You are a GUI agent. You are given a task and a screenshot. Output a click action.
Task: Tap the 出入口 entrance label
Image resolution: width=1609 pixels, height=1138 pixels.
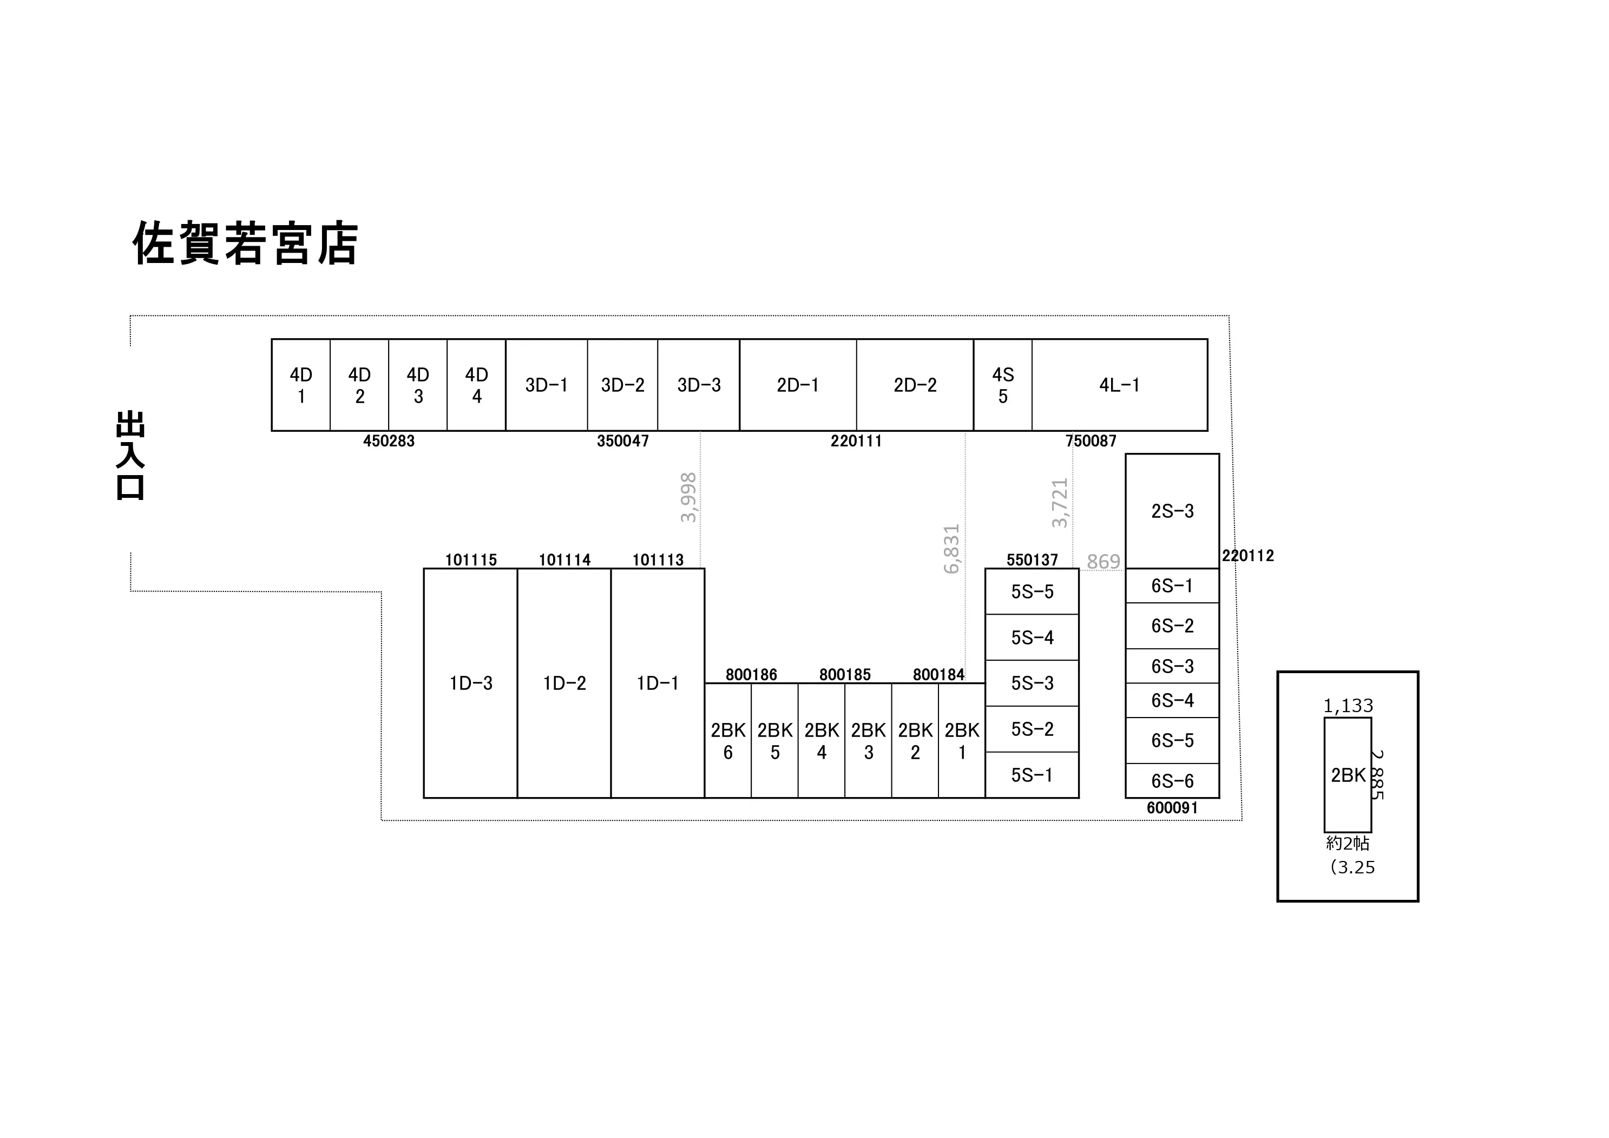coord(130,456)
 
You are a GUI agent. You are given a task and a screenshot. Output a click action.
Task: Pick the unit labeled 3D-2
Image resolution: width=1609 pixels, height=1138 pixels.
coord(622,385)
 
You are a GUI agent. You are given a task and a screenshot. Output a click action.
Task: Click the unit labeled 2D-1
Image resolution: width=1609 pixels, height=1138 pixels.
coord(798,385)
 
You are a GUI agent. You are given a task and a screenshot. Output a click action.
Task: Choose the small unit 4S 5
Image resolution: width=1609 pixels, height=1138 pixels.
coord(1003,385)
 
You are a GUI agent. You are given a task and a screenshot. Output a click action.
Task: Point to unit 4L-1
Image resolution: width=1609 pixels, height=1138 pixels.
coord(1119,385)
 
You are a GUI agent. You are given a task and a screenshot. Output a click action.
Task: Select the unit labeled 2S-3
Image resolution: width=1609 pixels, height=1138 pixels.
coord(1172,511)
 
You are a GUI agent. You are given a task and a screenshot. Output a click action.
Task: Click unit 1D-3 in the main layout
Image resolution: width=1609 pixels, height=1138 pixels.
coord(470,683)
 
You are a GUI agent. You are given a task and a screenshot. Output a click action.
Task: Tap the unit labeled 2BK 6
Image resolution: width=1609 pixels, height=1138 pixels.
coord(728,741)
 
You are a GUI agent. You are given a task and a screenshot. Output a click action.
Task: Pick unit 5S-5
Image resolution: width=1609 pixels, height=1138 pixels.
coord(1032,591)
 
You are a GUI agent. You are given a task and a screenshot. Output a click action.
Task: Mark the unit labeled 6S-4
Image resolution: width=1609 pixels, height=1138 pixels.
coord(1172,700)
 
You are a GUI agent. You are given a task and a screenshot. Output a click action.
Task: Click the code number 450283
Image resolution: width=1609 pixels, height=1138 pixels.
coord(389,442)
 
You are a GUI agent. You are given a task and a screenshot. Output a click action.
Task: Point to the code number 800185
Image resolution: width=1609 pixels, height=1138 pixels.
coord(845,675)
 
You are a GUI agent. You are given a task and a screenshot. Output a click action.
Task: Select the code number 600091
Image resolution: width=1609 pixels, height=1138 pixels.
coord(1172,808)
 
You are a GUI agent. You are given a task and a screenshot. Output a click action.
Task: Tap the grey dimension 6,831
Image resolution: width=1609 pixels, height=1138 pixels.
coord(951,549)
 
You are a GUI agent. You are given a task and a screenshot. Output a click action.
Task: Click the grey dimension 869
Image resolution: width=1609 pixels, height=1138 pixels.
coord(1104,561)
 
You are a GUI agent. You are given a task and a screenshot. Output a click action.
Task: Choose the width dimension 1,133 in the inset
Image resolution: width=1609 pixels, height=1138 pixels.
coord(1348,706)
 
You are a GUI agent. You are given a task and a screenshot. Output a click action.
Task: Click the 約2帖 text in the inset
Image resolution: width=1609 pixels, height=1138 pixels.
coord(1348,843)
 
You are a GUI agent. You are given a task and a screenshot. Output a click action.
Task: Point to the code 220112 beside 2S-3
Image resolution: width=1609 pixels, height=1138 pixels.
coord(1248,556)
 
